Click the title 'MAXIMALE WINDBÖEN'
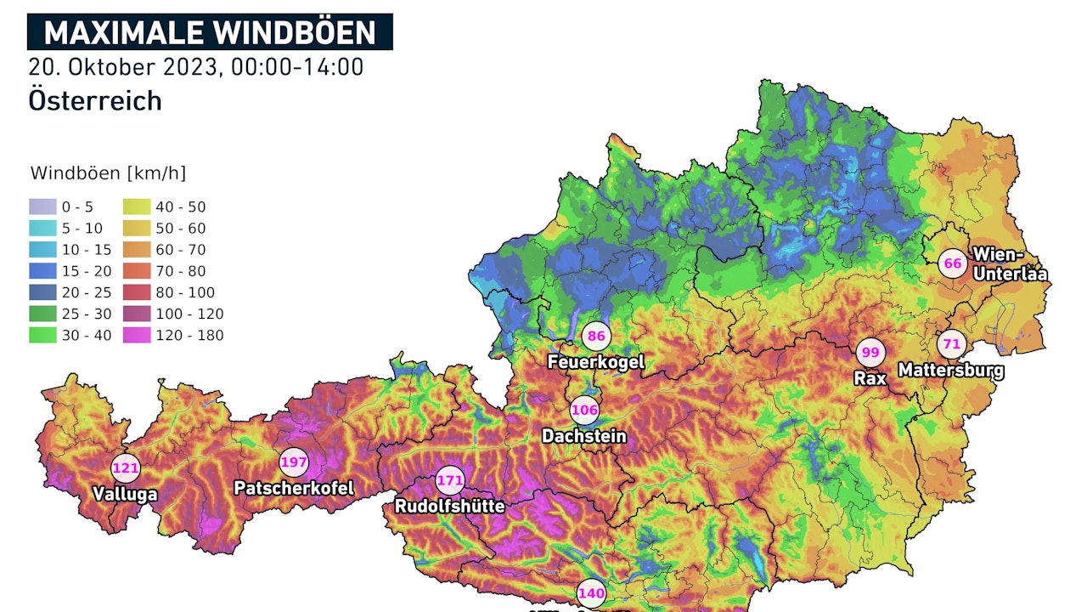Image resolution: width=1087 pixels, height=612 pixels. pyautogui.click(x=209, y=32)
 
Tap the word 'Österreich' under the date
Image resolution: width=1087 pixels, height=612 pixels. pyautogui.click(x=95, y=100)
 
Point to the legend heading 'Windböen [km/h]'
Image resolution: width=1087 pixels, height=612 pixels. pyautogui.click(x=108, y=173)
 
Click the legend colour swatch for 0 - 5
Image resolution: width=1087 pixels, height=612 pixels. pyautogui.click(x=42, y=207)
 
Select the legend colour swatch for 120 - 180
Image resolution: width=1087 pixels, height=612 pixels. pyautogui.click(x=138, y=335)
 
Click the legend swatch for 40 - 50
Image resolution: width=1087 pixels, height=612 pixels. pyautogui.click(x=138, y=207)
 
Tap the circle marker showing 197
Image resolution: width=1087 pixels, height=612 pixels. pyautogui.click(x=294, y=462)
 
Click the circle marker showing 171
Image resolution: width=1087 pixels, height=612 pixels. pyautogui.click(x=449, y=481)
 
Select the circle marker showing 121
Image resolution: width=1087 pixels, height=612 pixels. pyautogui.click(x=125, y=467)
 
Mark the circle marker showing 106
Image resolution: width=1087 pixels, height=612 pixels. pyautogui.click(x=584, y=411)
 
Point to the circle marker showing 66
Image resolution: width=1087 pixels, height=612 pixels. pyautogui.click(x=953, y=263)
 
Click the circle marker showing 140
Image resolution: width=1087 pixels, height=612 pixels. pyautogui.click(x=591, y=593)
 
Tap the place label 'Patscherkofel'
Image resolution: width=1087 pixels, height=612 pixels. pyautogui.click(x=294, y=489)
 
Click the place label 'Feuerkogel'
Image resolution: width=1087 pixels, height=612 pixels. pyautogui.click(x=596, y=362)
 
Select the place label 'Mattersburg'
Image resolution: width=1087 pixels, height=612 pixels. pyautogui.click(x=951, y=371)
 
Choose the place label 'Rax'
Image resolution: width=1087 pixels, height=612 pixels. pyautogui.click(x=870, y=378)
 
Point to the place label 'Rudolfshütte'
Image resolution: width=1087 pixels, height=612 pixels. pyautogui.click(x=449, y=507)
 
